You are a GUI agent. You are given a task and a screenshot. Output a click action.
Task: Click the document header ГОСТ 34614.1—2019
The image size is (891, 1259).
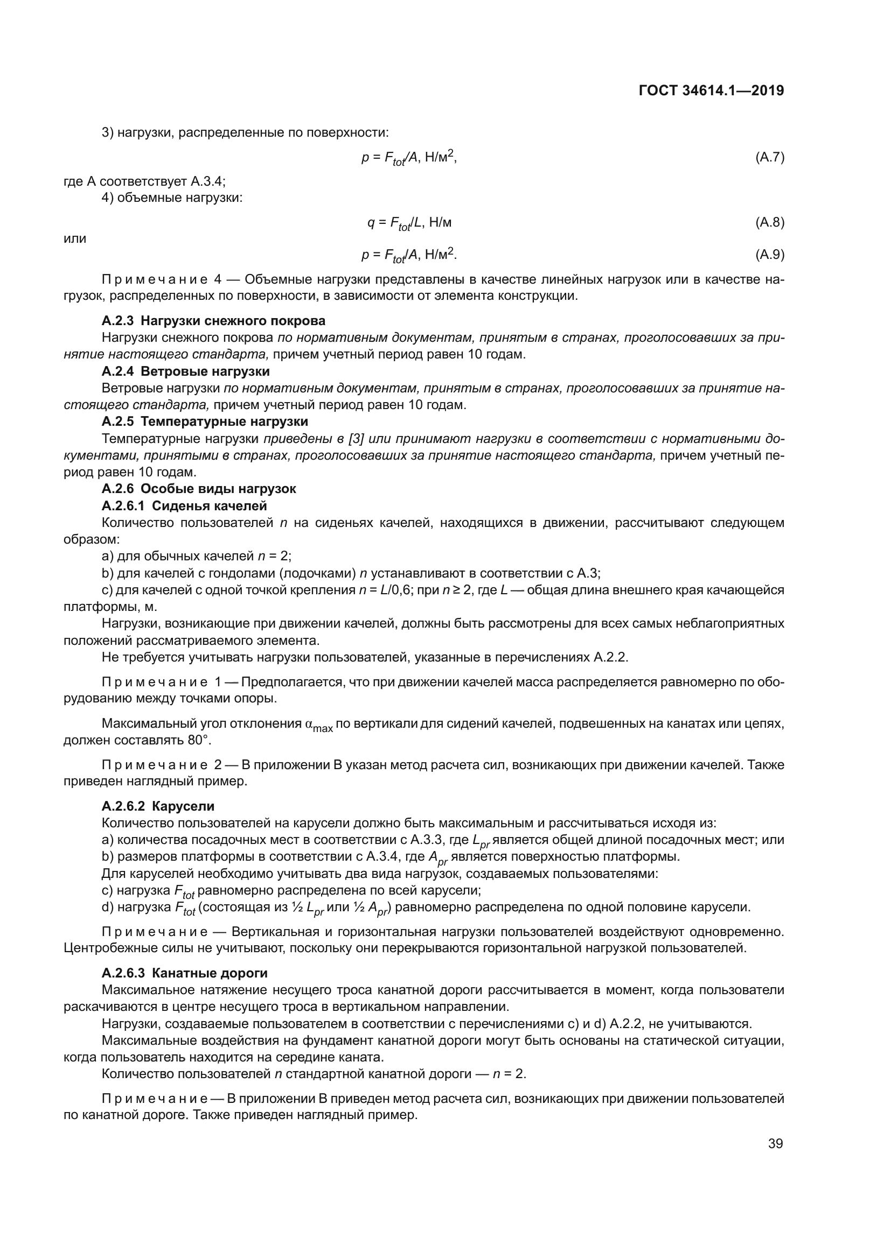711,90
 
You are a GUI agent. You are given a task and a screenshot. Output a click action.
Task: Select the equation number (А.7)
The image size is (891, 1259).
770,158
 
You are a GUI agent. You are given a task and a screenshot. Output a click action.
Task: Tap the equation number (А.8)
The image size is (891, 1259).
770,222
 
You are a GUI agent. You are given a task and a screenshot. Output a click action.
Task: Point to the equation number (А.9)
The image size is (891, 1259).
770,255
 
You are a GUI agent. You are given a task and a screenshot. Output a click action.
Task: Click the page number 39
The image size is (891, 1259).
775,1144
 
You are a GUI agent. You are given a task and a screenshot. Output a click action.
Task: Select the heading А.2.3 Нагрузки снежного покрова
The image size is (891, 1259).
213,321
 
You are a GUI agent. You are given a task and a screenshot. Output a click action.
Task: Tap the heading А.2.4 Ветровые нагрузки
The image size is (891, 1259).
185,371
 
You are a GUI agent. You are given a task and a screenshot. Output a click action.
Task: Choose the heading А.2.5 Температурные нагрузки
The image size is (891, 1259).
205,421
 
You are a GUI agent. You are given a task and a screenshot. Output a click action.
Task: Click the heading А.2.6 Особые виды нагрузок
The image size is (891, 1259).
199,489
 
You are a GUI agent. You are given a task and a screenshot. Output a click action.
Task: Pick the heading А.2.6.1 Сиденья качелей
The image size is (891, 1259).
184,505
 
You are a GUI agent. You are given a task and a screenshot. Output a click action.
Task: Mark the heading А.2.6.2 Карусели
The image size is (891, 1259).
158,806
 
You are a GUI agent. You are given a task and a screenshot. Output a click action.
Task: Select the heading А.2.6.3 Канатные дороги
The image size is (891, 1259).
184,973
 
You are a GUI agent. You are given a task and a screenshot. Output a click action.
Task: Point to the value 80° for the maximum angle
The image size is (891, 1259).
199,740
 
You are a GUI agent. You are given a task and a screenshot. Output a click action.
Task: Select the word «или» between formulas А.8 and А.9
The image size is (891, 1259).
75,238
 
